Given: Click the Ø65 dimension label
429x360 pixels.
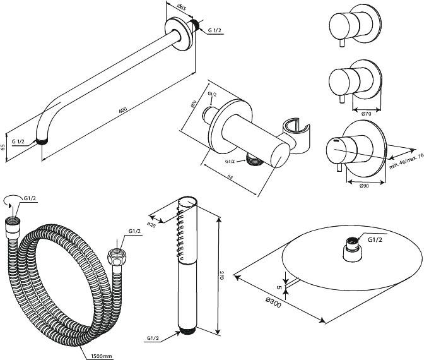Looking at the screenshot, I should point(180,8).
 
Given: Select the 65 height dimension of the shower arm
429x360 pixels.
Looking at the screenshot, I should point(4,147).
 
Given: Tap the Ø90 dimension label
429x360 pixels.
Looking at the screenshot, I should point(364,186).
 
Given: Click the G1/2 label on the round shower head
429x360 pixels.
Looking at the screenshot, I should point(375,240).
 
